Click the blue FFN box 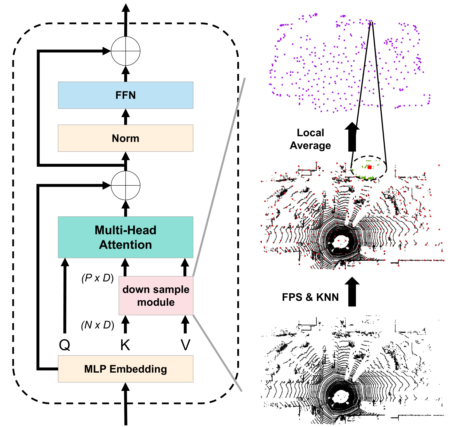tap(126, 95)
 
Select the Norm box tap(126, 138)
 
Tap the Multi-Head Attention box tap(126, 237)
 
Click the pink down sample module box tap(156, 296)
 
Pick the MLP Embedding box tap(126, 369)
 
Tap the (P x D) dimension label tap(98, 278)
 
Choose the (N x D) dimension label tap(98, 325)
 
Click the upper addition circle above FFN tap(126, 51)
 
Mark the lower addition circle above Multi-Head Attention tap(126, 185)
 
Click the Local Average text tap(311, 139)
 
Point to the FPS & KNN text tap(310, 297)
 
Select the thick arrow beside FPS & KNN tap(352, 292)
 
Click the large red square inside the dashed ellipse tap(370, 167)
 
